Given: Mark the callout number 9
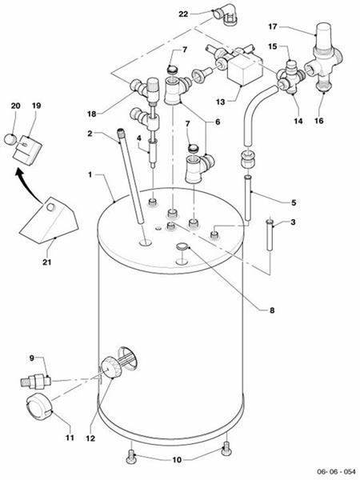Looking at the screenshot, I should click(43, 358).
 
